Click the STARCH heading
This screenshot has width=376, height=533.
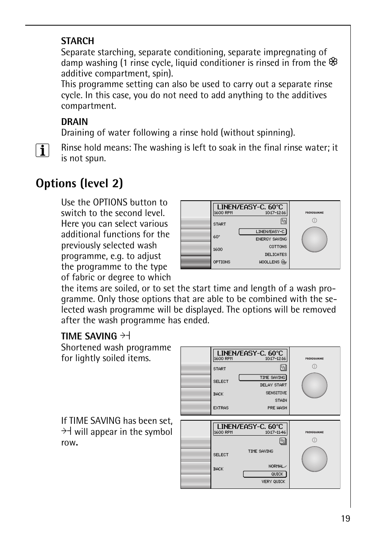pyautogui.click(x=77, y=41)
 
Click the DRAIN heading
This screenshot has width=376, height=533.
pyautogui.click(x=74, y=122)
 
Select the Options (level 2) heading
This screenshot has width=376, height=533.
pyautogui.click(x=79, y=183)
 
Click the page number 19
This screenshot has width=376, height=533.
pyautogui.click(x=345, y=518)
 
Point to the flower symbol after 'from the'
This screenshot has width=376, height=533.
pyautogui.click(x=333, y=62)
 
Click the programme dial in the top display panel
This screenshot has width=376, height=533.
pyautogui.click(x=314, y=239)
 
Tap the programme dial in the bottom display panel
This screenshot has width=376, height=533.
pyautogui.click(x=314, y=459)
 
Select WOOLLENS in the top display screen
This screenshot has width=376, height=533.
pyautogui.click(x=269, y=262)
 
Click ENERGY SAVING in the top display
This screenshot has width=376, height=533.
pyautogui.click(x=271, y=239)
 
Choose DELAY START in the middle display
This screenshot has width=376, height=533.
pyautogui.click(x=273, y=385)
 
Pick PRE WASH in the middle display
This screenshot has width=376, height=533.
pyautogui.click(x=277, y=408)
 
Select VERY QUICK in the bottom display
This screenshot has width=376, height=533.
pyautogui.click(x=273, y=482)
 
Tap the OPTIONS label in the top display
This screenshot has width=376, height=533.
pyautogui.click(x=222, y=262)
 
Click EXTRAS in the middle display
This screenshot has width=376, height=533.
pyautogui.click(x=221, y=408)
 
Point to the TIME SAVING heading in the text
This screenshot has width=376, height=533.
pyautogui.click(x=89, y=336)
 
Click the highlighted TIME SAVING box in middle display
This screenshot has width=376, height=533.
pyautogui.click(x=263, y=378)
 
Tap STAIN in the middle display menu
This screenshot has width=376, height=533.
pyautogui.click(x=281, y=401)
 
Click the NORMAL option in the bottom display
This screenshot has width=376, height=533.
pyautogui.click(x=277, y=466)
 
